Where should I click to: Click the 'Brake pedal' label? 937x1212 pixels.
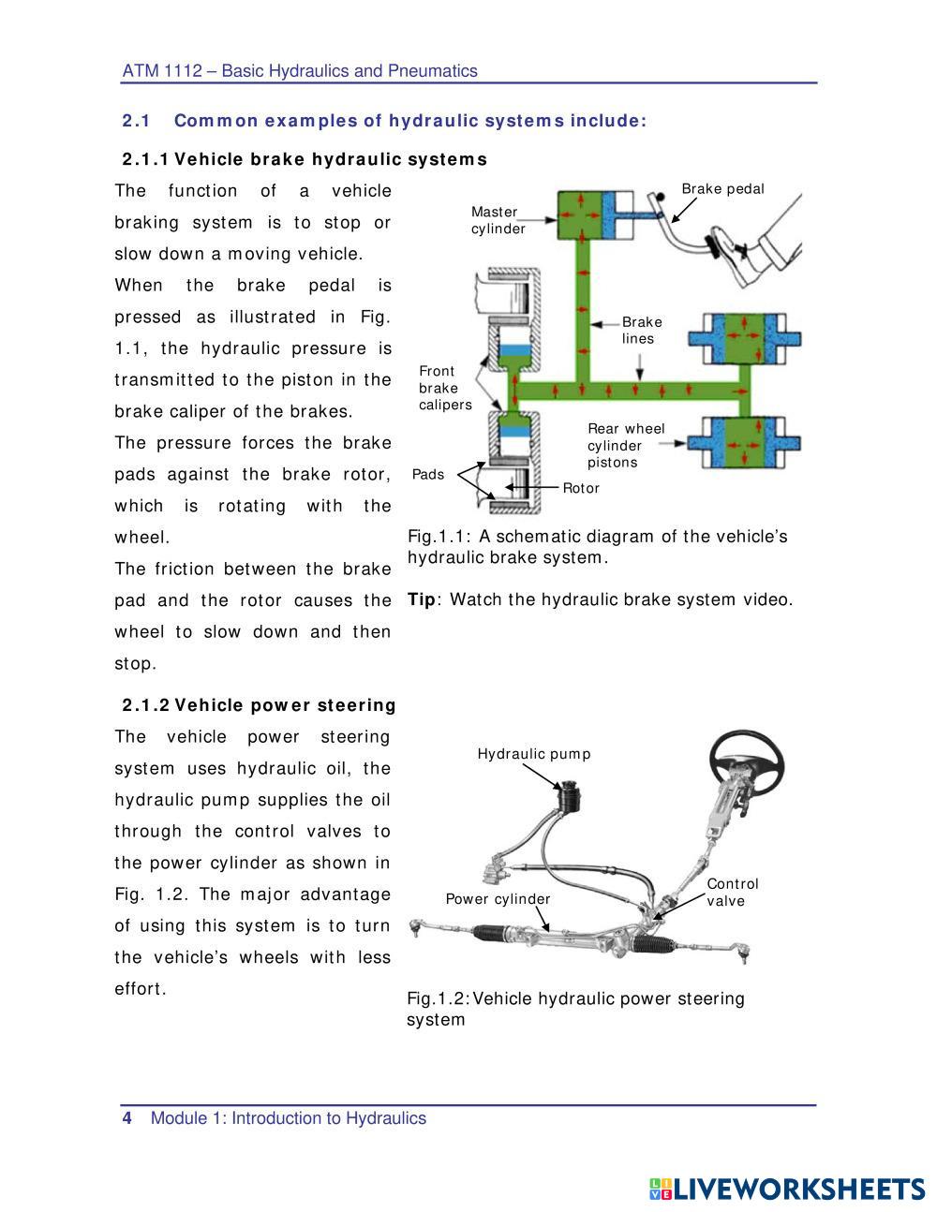click(722, 189)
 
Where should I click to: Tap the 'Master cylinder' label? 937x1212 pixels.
click(498, 221)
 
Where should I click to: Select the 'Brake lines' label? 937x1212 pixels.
click(642, 331)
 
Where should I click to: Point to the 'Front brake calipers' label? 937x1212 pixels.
click(444, 388)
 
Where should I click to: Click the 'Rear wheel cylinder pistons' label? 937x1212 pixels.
click(625, 446)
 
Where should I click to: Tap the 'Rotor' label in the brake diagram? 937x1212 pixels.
click(581, 488)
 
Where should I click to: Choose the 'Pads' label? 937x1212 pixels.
click(428, 475)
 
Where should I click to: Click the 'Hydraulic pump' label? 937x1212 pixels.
click(534, 754)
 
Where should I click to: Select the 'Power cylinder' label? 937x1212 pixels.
click(498, 899)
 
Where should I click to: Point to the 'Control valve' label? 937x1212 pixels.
click(732, 893)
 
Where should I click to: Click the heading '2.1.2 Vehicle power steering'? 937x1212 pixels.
click(259, 705)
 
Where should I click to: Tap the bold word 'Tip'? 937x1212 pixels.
click(422, 599)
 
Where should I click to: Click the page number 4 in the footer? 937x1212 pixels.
click(127, 1118)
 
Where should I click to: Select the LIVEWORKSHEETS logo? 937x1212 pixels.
click(786, 1189)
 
